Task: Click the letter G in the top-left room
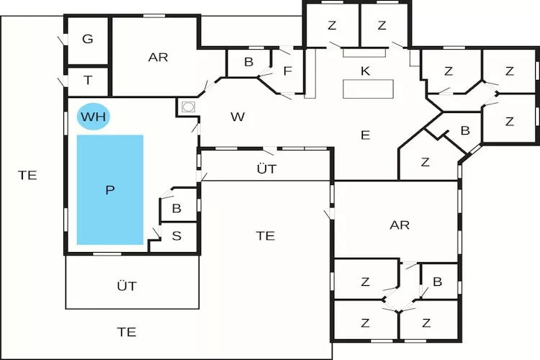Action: (x=88, y=39)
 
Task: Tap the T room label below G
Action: (x=88, y=81)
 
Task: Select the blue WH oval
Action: (x=93, y=117)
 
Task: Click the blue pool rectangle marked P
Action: (x=110, y=189)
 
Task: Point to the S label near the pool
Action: (x=176, y=235)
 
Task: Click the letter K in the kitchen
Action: (x=365, y=70)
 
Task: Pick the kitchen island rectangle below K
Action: (x=369, y=89)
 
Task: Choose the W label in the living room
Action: (x=238, y=117)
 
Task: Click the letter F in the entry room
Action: (x=287, y=71)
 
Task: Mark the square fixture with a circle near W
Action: (x=188, y=107)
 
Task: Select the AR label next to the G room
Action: (x=158, y=57)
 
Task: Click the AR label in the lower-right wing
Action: (x=400, y=225)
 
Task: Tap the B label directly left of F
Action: (x=248, y=62)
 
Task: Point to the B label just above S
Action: (x=176, y=209)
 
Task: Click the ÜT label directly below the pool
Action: (x=127, y=286)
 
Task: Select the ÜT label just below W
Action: (x=266, y=169)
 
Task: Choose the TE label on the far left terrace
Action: (x=27, y=174)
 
